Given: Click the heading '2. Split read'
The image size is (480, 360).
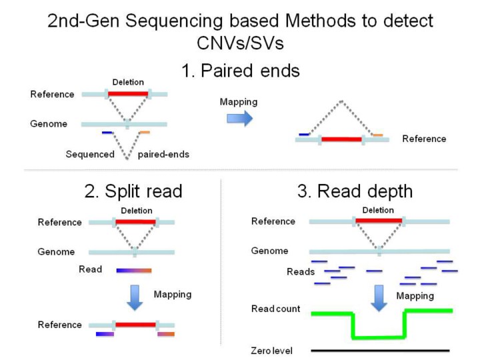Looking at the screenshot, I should point(133,191).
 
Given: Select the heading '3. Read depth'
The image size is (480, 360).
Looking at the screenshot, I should point(355,191).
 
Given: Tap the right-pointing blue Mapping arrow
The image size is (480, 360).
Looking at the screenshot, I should point(239,118).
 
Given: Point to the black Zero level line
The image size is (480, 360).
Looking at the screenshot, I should point(380,350).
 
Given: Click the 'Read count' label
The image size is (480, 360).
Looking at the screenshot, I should point(275,309).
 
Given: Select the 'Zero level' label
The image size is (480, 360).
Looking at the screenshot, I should point(271,351).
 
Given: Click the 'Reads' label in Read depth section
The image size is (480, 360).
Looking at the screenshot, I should point(301,272).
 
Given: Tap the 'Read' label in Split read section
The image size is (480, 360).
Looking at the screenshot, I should point(90,269).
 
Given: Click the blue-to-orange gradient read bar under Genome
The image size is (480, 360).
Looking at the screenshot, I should point(134,270).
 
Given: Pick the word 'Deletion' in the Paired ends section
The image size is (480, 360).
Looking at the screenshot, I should point(128,82).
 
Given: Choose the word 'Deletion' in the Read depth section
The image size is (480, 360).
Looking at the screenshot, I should point(378,210).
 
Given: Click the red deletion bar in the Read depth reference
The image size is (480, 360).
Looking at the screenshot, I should point(378,221).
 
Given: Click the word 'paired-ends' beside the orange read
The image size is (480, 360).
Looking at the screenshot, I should point(163,155).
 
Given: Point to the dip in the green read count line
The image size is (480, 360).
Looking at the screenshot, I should point(379,337).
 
